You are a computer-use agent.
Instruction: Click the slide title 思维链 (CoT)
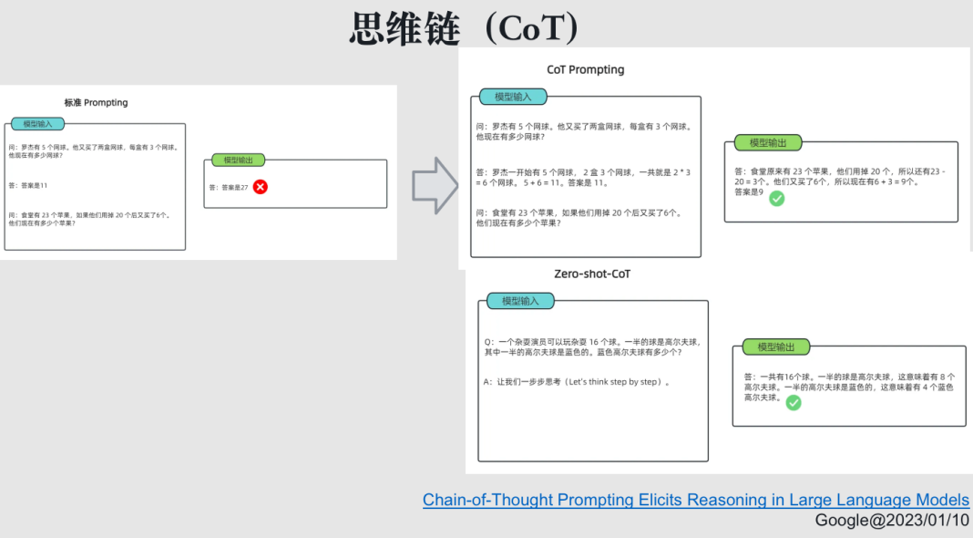(x=464, y=28)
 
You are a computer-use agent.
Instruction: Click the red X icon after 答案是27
(x=260, y=187)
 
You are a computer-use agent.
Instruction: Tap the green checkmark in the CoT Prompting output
(x=776, y=198)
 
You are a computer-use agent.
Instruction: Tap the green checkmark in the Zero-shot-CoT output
(x=794, y=402)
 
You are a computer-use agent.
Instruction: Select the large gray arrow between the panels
(x=435, y=185)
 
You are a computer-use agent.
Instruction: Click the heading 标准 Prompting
(x=96, y=102)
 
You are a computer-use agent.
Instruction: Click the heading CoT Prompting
(x=585, y=69)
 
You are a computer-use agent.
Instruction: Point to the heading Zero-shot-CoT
(x=592, y=274)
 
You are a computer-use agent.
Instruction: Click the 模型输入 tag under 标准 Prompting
(x=37, y=123)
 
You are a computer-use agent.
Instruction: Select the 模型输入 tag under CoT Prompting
(x=513, y=97)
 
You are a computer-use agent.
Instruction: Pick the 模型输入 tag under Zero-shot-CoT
(x=520, y=300)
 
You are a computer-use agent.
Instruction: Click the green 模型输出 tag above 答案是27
(x=238, y=160)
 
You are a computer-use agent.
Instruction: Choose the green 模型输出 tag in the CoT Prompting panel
(x=768, y=142)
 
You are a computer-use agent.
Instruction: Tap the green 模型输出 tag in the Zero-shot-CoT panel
(x=776, y=347)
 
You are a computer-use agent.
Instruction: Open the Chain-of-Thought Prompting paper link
(x=696, y=500)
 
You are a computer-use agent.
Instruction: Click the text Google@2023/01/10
(x=892, y=520)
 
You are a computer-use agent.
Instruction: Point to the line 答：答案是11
(x=28, y=185)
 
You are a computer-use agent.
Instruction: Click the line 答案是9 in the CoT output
(x=749, y=191)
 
